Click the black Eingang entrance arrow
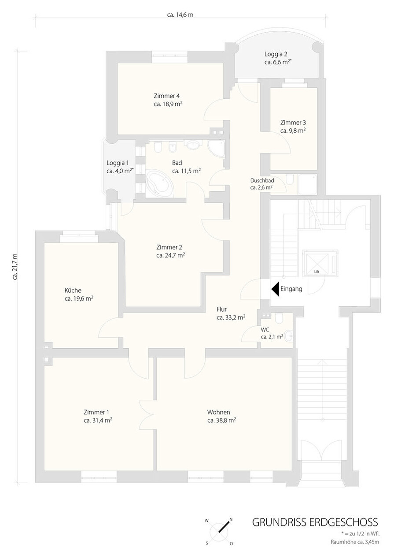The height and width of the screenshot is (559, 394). point(275,289)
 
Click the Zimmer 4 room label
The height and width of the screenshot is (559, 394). point(167,96)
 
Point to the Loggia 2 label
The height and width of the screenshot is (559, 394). point(276,54)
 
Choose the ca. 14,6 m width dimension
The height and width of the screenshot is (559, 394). point(180,15)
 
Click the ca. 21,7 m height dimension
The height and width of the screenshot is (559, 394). point(15,267)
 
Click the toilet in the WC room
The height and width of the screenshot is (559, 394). point(279,318)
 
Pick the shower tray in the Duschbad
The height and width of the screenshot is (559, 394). point(308,184)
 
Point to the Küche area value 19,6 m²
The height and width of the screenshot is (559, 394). point(79,298)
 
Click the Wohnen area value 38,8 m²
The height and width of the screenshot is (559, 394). point(222,420)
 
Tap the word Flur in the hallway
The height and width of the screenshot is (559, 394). point(221,309)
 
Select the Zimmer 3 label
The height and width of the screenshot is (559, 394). point(293,123)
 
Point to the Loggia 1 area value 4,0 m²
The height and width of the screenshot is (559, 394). point(120,171)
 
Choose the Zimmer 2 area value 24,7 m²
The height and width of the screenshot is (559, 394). point(171,256)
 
